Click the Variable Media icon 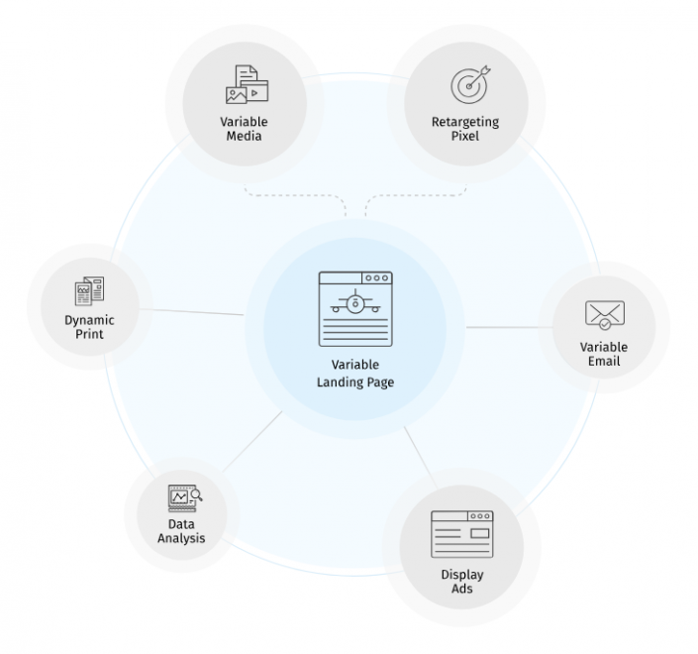tap(248, 84)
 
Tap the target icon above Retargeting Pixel tap(470, 84)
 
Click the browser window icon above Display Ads tap(462, 534)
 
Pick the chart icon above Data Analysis tap(185, 498)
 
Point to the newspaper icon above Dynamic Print tap(89, 291)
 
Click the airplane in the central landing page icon tap(355, 302)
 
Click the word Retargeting tap(465, 122)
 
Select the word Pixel tap(465, 136)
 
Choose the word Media tap(244, 136)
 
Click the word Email tap(604, 361)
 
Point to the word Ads tap(462, 589)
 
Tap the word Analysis tap(181, 538)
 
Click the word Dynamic tap(89, 321)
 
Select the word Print tap(89, 334)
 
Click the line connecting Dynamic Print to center tap(191, 312)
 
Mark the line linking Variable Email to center tap(510, 327)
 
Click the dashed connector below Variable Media tap(295, 195)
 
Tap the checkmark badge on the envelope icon tap(605, 324)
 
